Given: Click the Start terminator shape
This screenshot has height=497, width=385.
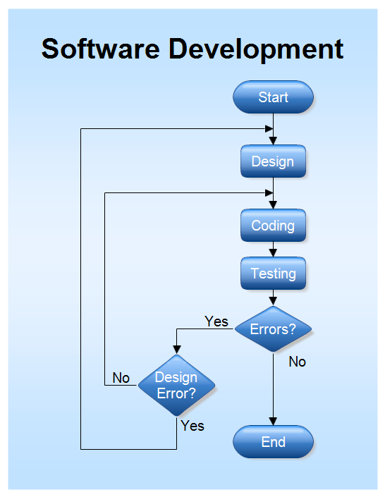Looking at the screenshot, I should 273,97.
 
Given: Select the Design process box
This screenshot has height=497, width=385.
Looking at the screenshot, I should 273,161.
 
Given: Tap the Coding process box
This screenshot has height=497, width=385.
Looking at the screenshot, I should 273,226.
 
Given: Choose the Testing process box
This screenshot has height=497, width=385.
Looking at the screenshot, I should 273,273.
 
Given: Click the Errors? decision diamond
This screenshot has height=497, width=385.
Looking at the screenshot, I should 273,329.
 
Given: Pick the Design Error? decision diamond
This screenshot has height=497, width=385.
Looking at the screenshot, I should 176,386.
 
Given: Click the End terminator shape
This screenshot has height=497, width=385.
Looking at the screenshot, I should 273,442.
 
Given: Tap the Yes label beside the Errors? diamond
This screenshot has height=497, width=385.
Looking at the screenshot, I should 216,321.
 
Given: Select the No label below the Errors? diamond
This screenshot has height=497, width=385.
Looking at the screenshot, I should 297,362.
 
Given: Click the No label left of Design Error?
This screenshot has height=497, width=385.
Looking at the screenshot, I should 121,378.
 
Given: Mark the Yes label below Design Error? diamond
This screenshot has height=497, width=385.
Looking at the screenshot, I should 192,426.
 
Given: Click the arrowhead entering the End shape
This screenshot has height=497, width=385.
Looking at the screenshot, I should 273,421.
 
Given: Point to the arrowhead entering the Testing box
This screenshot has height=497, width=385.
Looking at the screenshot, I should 273,253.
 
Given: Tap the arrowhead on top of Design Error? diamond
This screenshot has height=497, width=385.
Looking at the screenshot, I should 176,350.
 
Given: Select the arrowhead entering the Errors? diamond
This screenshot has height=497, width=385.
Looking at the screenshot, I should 273,301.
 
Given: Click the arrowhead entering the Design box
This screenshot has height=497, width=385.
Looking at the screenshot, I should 273,141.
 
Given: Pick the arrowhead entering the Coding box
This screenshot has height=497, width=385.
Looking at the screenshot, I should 273,205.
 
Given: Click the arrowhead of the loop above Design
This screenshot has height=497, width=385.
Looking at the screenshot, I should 269,129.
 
